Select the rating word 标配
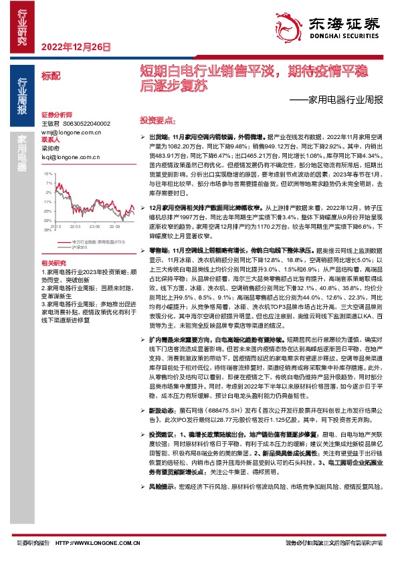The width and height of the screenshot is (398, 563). (49, 76)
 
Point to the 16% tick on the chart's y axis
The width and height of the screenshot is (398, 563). (47, 173)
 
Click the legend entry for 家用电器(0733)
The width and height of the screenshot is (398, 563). (87, 241)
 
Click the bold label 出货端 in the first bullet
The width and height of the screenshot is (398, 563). (159, 135)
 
